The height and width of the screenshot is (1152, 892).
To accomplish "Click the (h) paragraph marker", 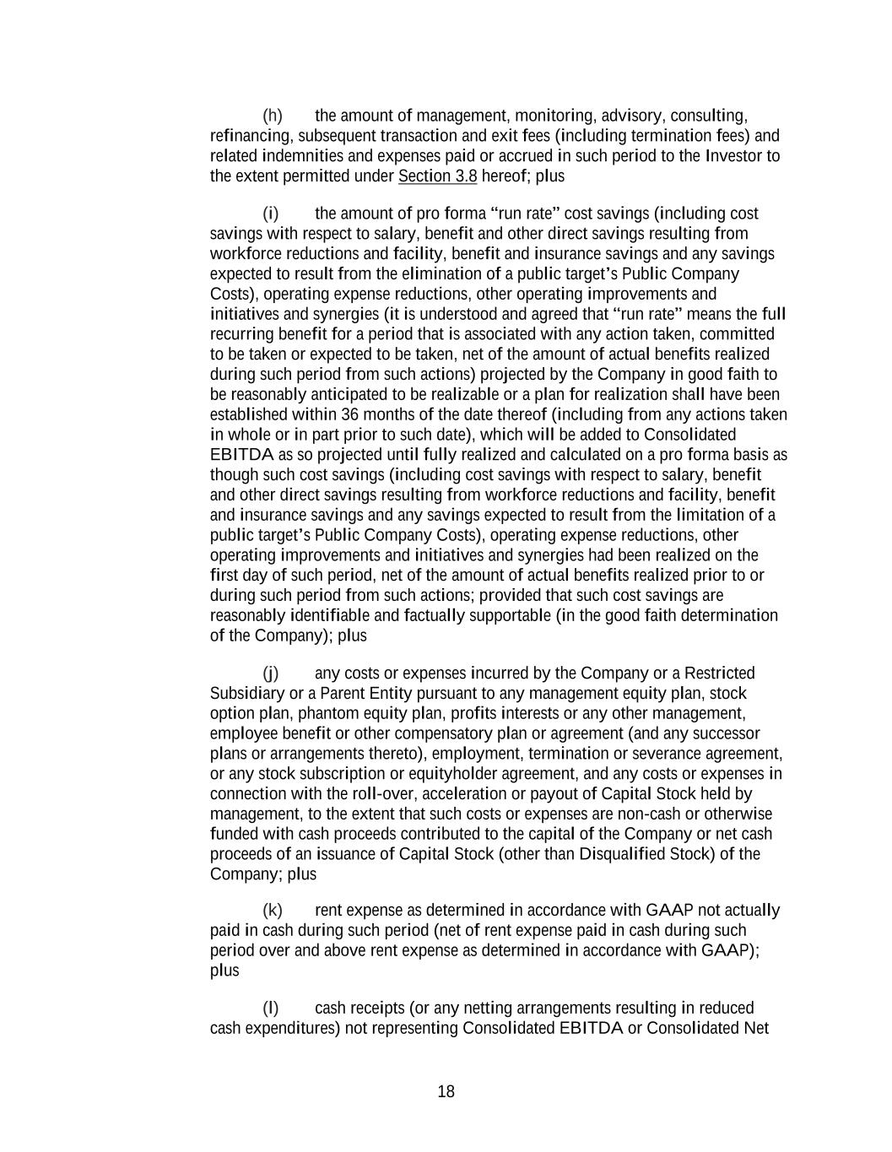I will (273, 116).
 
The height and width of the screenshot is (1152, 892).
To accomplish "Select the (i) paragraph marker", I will (271, 214).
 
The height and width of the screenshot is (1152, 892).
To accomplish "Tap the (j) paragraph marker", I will (271, 673).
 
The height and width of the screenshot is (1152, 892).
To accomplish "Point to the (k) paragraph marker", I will (273, 911).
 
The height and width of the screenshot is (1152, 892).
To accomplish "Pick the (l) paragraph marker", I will (271, 1009).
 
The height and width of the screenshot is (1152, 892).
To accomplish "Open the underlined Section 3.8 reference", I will (437, 176).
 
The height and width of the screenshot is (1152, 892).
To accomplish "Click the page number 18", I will (446, 1092).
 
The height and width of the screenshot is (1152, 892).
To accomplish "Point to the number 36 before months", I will (349, 414).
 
